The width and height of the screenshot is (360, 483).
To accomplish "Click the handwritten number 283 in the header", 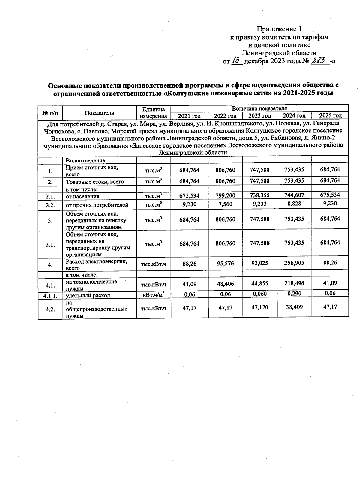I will (319, 61).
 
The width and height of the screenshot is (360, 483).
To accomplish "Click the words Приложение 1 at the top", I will (279, 29).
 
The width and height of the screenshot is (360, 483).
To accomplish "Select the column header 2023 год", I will (260, 116).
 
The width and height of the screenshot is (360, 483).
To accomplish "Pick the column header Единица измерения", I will (154, 112).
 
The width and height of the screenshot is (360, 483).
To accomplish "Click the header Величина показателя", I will (259, 108).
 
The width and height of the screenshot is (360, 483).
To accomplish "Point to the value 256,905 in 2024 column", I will (294, 263).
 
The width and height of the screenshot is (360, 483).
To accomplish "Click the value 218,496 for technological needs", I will (294, 283).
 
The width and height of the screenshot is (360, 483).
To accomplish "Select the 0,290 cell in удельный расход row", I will (294, 294).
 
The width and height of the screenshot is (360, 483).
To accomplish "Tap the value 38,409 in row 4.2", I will (294, 307).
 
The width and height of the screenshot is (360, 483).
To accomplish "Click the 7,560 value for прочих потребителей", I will (225, 204).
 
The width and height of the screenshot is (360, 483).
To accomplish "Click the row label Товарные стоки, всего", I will (95, 182).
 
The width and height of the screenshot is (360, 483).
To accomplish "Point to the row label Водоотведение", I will (85, 161).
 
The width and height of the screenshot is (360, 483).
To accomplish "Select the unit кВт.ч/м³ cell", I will (154, 294).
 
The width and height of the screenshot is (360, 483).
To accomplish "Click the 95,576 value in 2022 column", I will (225, 264).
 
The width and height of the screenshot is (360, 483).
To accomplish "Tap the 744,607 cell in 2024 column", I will (294, 195).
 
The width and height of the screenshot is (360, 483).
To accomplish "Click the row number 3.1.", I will (50, 245).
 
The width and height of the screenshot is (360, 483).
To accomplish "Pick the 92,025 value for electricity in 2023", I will (260, 263).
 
